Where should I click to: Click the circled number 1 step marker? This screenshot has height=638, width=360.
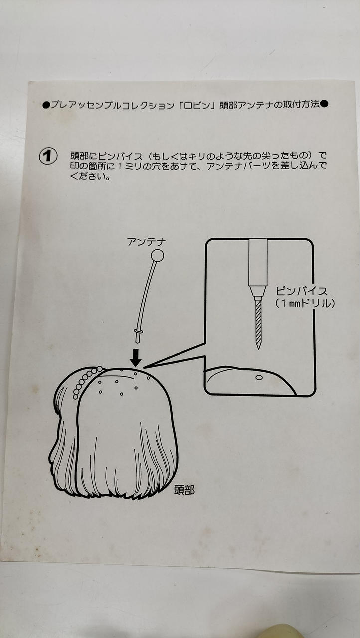coord(48,157)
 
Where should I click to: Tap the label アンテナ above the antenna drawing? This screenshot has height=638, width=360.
coord(147,242)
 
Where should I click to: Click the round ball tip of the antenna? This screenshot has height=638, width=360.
coord(157,255)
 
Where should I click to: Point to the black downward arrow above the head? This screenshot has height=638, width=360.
coord(135,358)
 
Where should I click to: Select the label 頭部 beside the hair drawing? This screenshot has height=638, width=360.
coord(184,490)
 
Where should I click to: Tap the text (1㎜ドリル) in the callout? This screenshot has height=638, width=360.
coord(305,304)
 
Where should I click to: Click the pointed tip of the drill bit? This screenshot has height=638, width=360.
coord(259,349)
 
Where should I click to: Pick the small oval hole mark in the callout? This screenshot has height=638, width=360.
coord(259,378)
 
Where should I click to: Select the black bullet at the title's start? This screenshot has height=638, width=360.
coord(46,105)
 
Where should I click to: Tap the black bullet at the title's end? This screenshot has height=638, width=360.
coord(324,104)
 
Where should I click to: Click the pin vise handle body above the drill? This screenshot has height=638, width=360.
coord(258,262)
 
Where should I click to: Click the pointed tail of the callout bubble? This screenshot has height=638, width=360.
coord(144,368)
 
